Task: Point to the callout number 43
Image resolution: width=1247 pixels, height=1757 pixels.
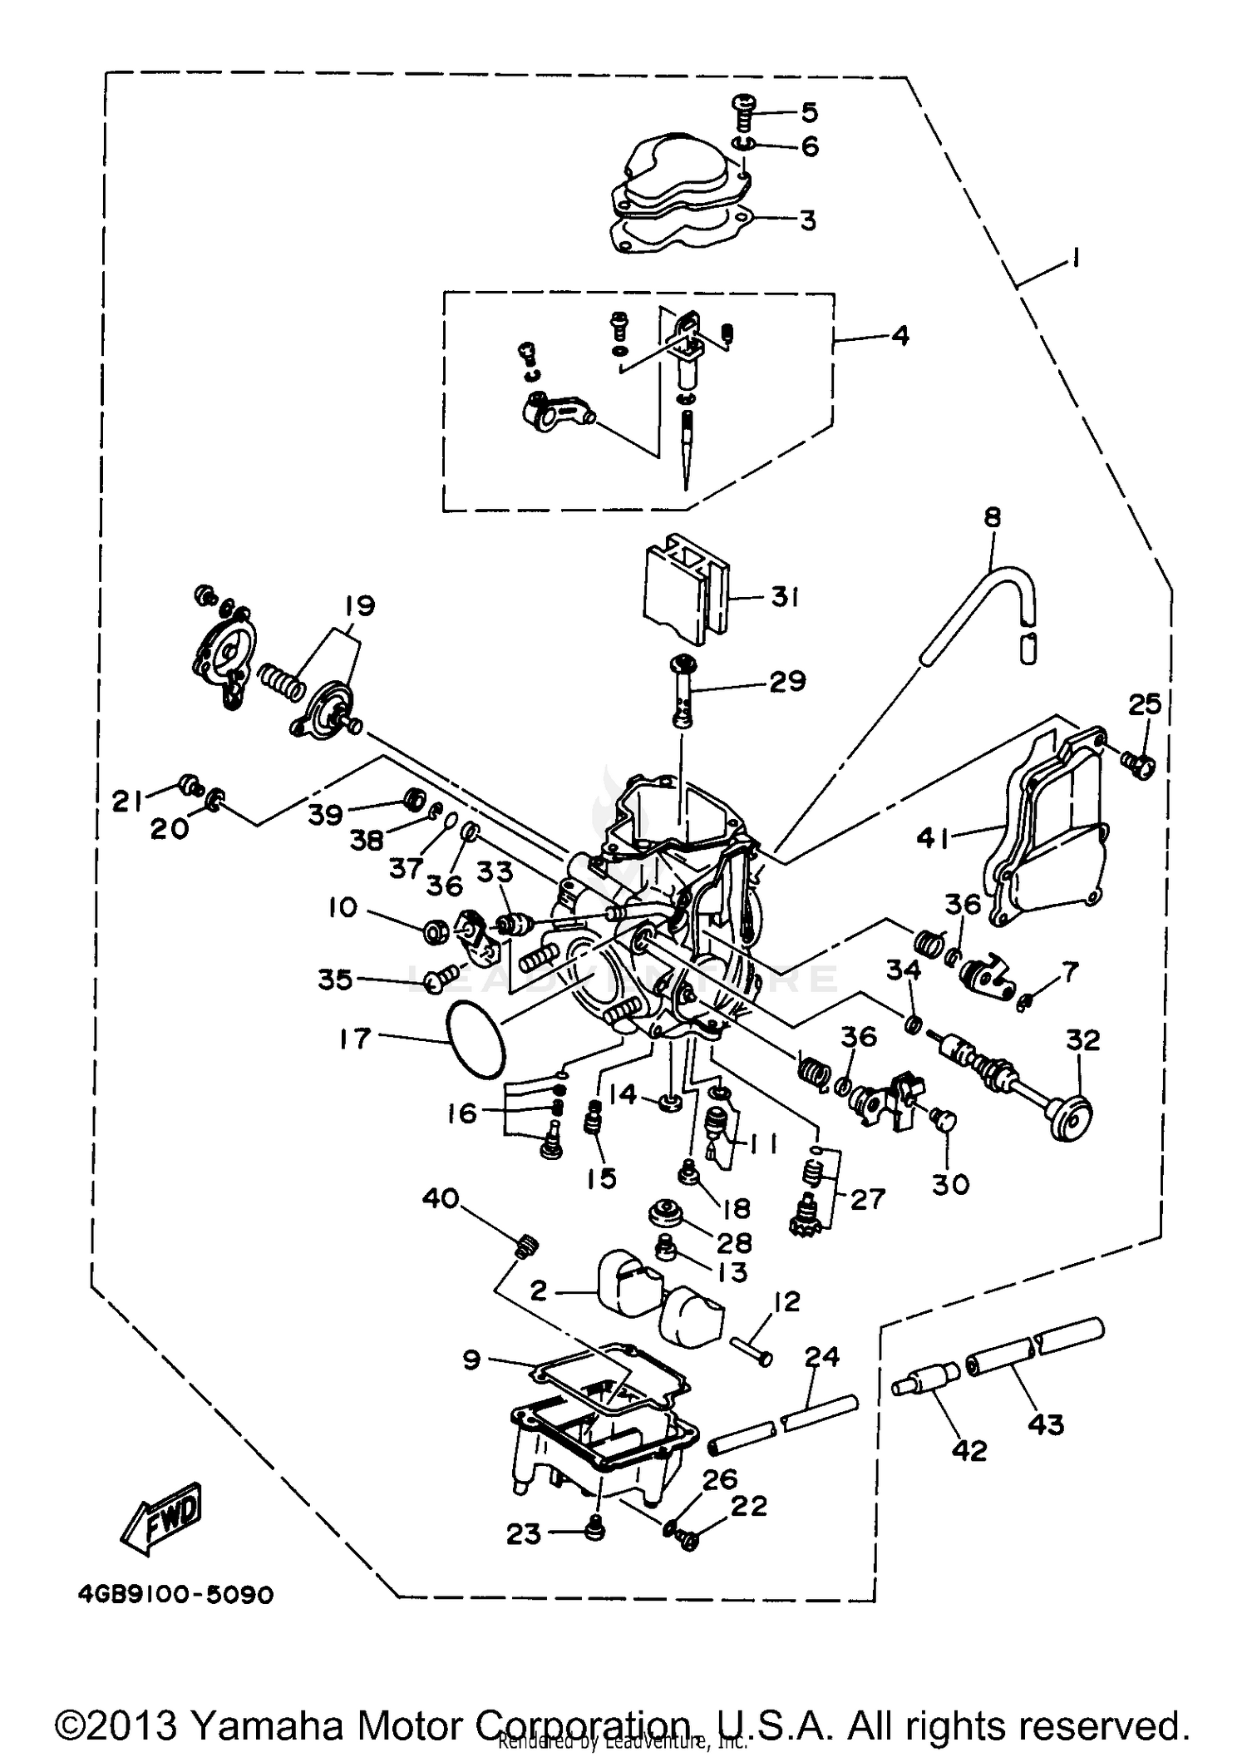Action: [x=1045, y=1424]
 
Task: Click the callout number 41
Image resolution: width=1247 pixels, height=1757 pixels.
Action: [x=934, y=839]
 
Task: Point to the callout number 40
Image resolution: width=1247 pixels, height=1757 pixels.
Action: [x=441, y=1200]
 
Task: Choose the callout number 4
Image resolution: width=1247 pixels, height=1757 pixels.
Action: [x=900, y=337]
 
